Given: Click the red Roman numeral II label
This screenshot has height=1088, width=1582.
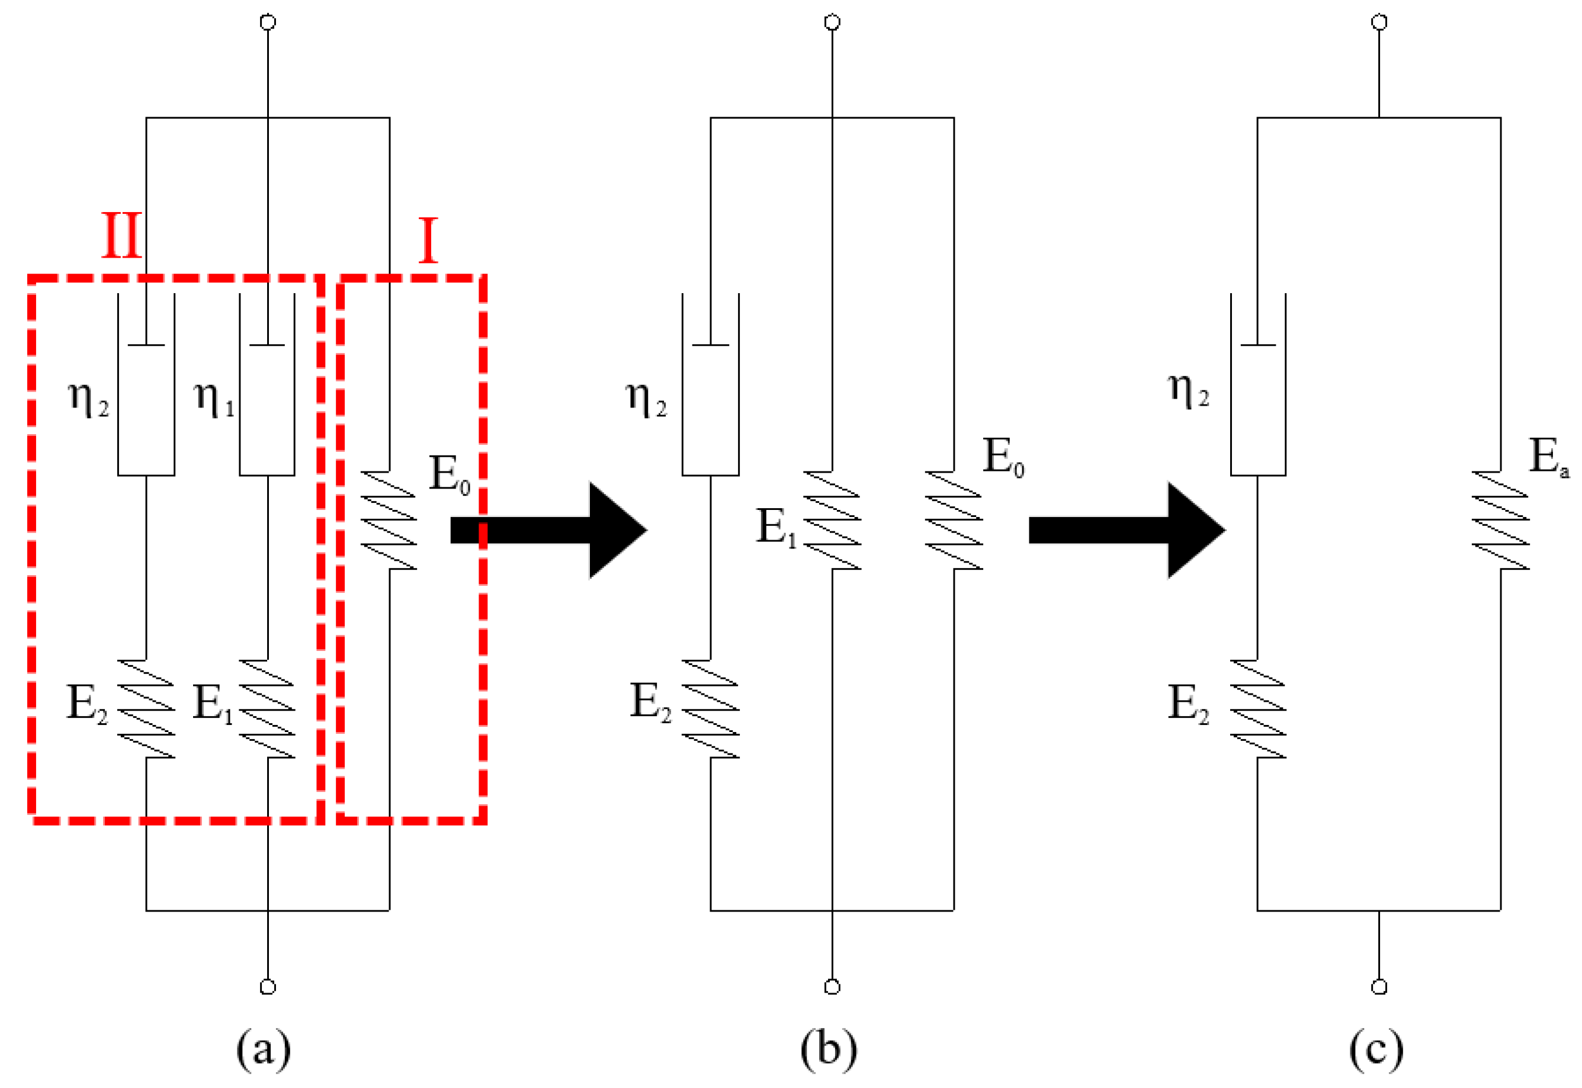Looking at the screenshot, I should click(x=122, y=235).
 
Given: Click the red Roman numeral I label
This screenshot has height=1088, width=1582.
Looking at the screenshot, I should click(x=428, y=240).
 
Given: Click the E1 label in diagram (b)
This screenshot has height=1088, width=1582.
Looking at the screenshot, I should click(x=776, y=527).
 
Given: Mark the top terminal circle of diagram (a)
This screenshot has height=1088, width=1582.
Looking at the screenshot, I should click(x=268, y=23).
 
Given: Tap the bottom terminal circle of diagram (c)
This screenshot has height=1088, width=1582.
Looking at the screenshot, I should click(x=1379, y=987).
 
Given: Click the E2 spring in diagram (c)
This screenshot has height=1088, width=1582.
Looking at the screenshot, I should click(x=1258, y=709).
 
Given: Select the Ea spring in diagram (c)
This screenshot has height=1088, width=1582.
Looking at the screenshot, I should click(x=1501, y=520).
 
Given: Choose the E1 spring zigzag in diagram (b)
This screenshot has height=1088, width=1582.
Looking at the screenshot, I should click(x=832, y=520).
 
